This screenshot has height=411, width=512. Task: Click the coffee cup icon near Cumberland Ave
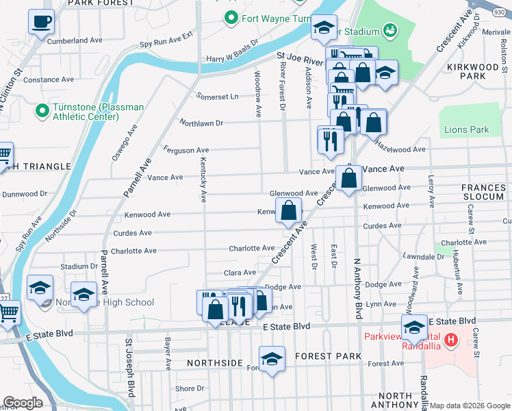click(42, 21)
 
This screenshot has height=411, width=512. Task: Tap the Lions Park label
click(466, 129)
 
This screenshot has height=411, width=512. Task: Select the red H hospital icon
click(450, 339)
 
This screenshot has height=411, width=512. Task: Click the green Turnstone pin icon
click(42, 110)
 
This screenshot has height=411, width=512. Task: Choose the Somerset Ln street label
click(217, 97)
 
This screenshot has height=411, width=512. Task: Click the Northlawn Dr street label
click(201, 123)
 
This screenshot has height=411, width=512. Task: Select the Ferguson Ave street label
click(185, 150)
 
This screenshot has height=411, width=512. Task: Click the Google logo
click(23, 403)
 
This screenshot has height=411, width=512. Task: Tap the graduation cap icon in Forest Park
click(272, 359)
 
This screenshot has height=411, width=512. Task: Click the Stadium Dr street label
click(75, 266)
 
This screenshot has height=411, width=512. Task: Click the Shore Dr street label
click(186, 388)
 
